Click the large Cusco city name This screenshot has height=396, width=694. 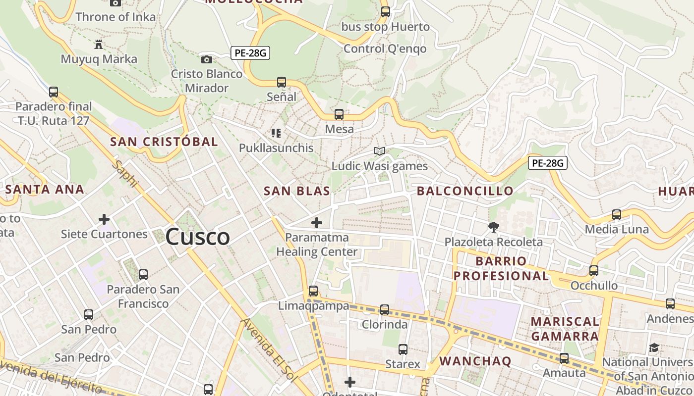[197, 237]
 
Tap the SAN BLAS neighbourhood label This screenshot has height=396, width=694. [297, 191]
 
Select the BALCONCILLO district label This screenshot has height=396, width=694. [465, 191]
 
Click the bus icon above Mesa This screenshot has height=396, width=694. [339, 114]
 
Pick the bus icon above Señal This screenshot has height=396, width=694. [282, 82]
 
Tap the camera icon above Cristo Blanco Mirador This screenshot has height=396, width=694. [207, 59]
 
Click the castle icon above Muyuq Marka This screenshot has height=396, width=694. [99, 45]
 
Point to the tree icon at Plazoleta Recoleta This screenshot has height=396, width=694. [493, 227]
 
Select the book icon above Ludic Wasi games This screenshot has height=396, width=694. [380, 151]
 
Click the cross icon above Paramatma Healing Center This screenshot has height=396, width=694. [316, 223]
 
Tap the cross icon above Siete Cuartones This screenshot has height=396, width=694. [104, 219]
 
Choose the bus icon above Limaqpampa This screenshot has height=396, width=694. [313, 291]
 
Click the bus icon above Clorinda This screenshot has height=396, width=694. [385, 310]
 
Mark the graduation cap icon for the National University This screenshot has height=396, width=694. [654, 347]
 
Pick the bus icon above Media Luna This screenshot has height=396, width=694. [617, 214]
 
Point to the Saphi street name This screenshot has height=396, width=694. [125, 173]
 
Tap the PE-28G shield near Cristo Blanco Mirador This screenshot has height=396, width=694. [250, 53]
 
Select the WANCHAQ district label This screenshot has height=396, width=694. [475, 361]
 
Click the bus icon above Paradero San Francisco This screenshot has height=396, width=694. [143, 274]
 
